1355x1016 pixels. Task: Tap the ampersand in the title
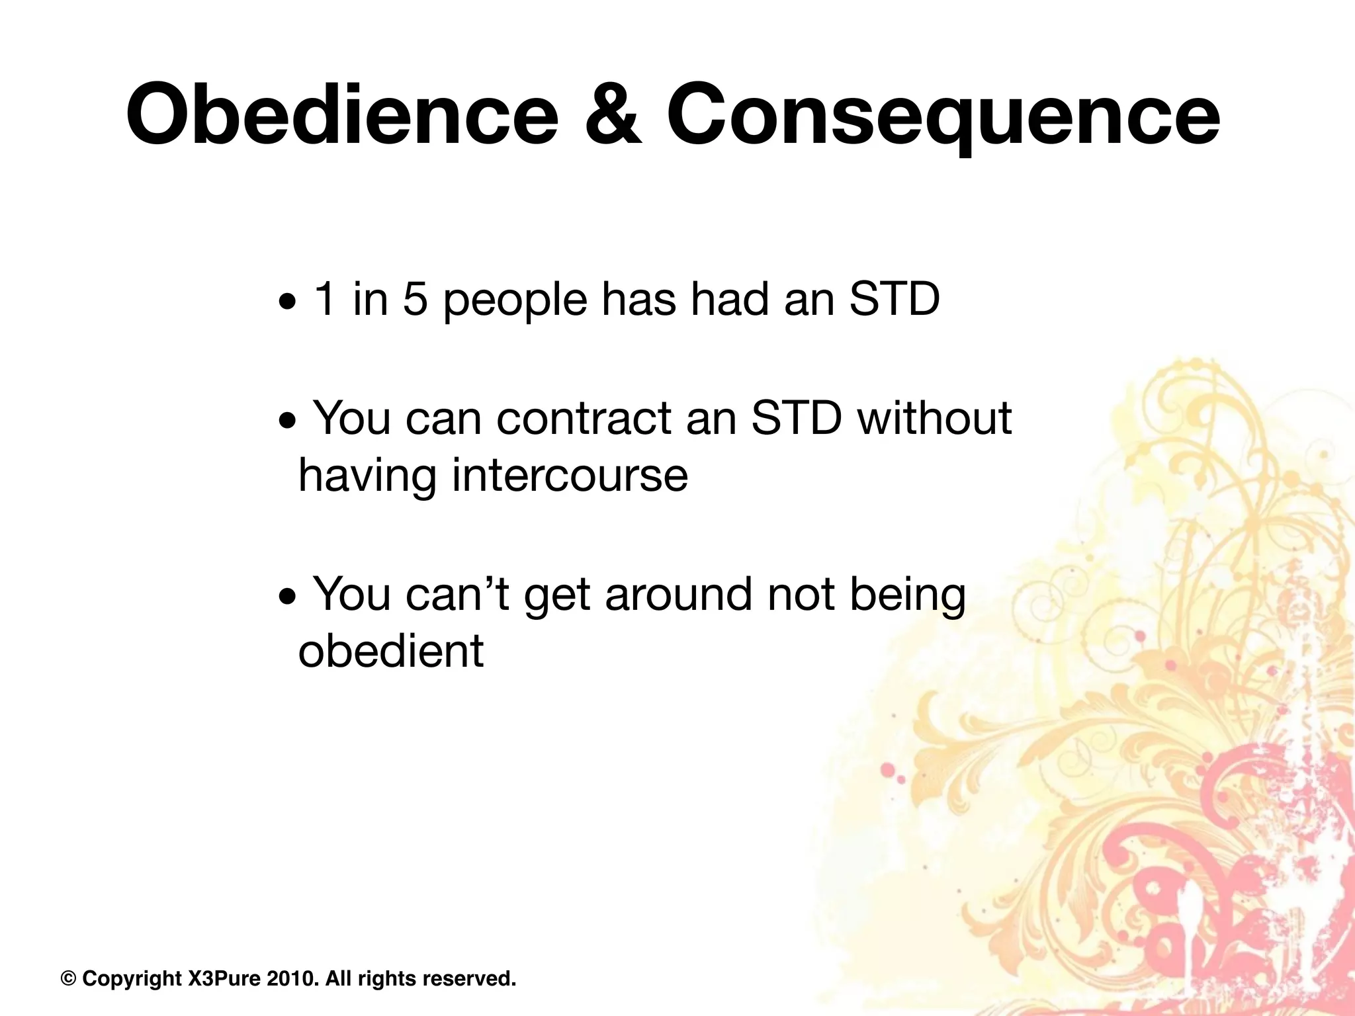click(x=613, y=116)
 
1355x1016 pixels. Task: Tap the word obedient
click(x=391, y=651)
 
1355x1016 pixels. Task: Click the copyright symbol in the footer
click(x=67, y=978)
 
